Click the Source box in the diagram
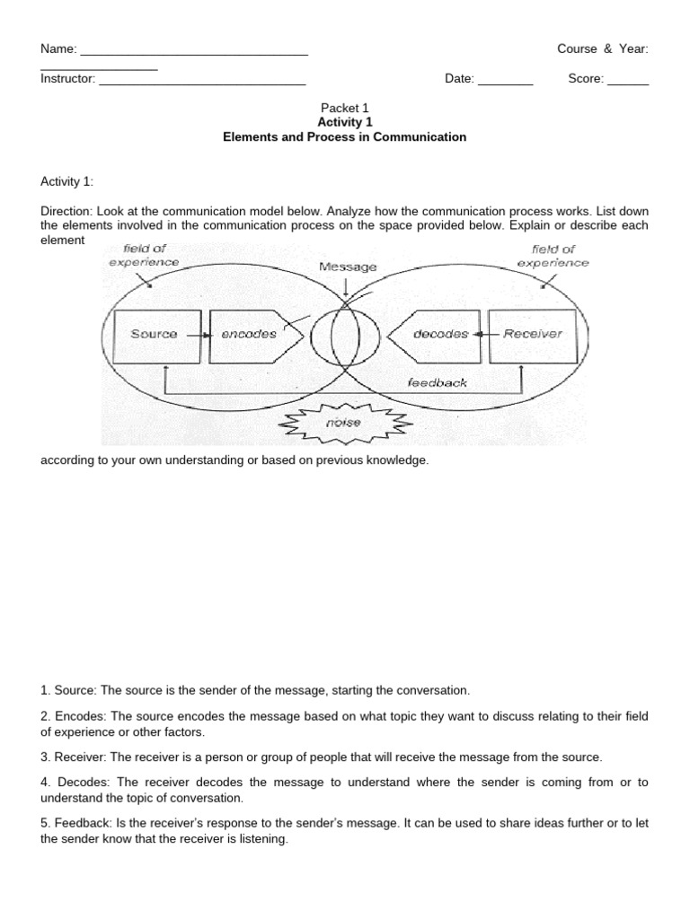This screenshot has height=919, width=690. (x=155, y=334)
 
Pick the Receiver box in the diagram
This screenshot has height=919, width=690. (x=532, y=334)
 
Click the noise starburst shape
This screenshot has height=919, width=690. (x=347, y=421)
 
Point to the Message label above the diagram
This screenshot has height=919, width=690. (x=348, y=267)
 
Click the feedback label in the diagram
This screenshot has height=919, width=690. (x=438, y=382)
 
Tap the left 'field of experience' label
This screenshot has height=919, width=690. (x=144, y=256)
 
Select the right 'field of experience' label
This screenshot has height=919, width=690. (x=553, y=257)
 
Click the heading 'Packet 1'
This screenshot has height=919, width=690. (x=345, y=108)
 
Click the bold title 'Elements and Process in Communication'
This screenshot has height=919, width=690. (x=345, y=137)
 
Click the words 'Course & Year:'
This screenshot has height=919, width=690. (x=602, y=49)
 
